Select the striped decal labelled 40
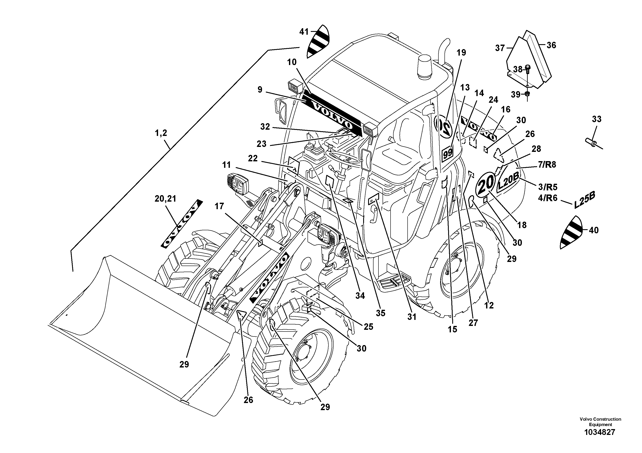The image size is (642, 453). tap(571, 232)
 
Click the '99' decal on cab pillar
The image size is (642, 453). tap(447, 154)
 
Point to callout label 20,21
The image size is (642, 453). tap(165, 199)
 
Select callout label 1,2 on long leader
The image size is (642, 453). tap(161, 133)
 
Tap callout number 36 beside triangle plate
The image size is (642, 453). tap(551, 45)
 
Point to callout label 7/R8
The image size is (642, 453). tap(547, 165)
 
